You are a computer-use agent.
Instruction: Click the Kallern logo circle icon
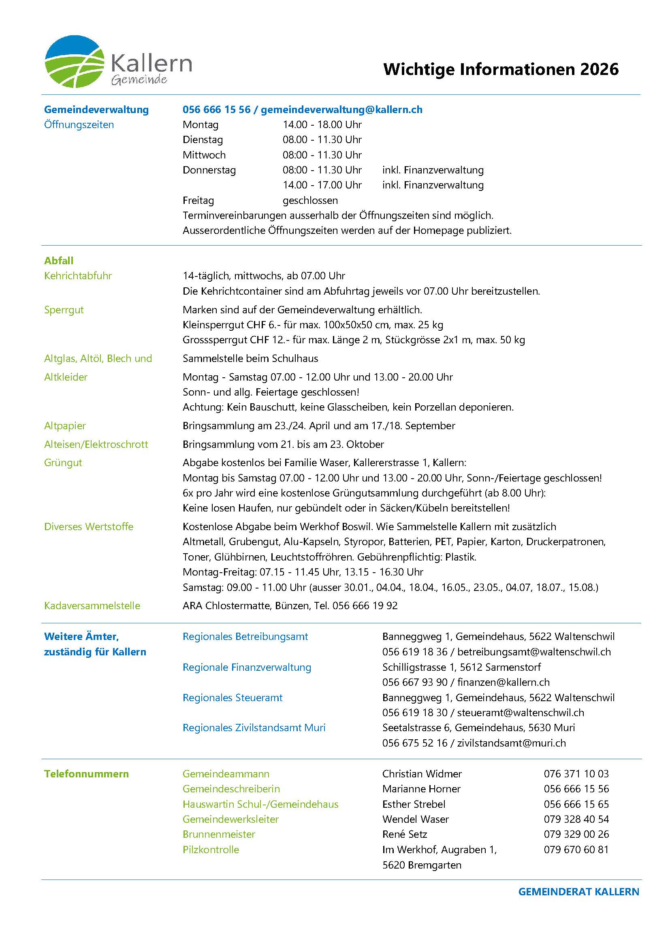74,62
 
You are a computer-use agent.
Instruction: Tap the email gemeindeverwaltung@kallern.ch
341,109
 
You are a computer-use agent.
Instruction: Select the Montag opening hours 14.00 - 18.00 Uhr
322,125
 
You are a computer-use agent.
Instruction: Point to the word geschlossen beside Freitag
310,201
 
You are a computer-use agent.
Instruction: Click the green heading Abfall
59,261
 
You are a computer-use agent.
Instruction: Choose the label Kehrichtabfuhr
78,276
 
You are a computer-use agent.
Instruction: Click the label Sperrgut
64,310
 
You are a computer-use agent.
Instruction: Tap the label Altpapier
65,426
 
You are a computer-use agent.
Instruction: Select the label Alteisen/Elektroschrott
96,444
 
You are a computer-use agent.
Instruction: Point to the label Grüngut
63,462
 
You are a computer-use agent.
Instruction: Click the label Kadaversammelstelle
92,606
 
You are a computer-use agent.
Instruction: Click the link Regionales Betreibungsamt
245,637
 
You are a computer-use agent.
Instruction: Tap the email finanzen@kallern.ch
504,682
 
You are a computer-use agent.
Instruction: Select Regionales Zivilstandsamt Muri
254,728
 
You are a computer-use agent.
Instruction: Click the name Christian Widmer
422,774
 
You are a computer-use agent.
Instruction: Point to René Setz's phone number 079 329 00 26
576,834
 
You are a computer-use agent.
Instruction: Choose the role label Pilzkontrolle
211,850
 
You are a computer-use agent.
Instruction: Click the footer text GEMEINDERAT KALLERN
578,891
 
